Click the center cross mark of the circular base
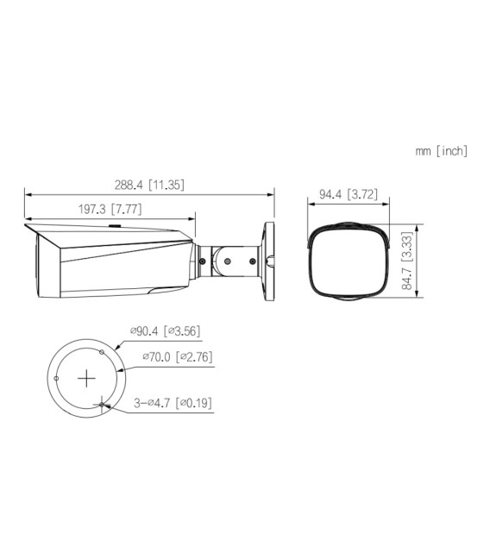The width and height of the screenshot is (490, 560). pos(86,378)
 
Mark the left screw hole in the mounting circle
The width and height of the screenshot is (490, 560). pos(56,378)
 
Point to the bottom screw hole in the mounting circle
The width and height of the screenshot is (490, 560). pos(102,404)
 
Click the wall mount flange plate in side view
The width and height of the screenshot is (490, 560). pos(266,258)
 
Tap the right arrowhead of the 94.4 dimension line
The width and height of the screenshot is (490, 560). pos(386,204)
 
